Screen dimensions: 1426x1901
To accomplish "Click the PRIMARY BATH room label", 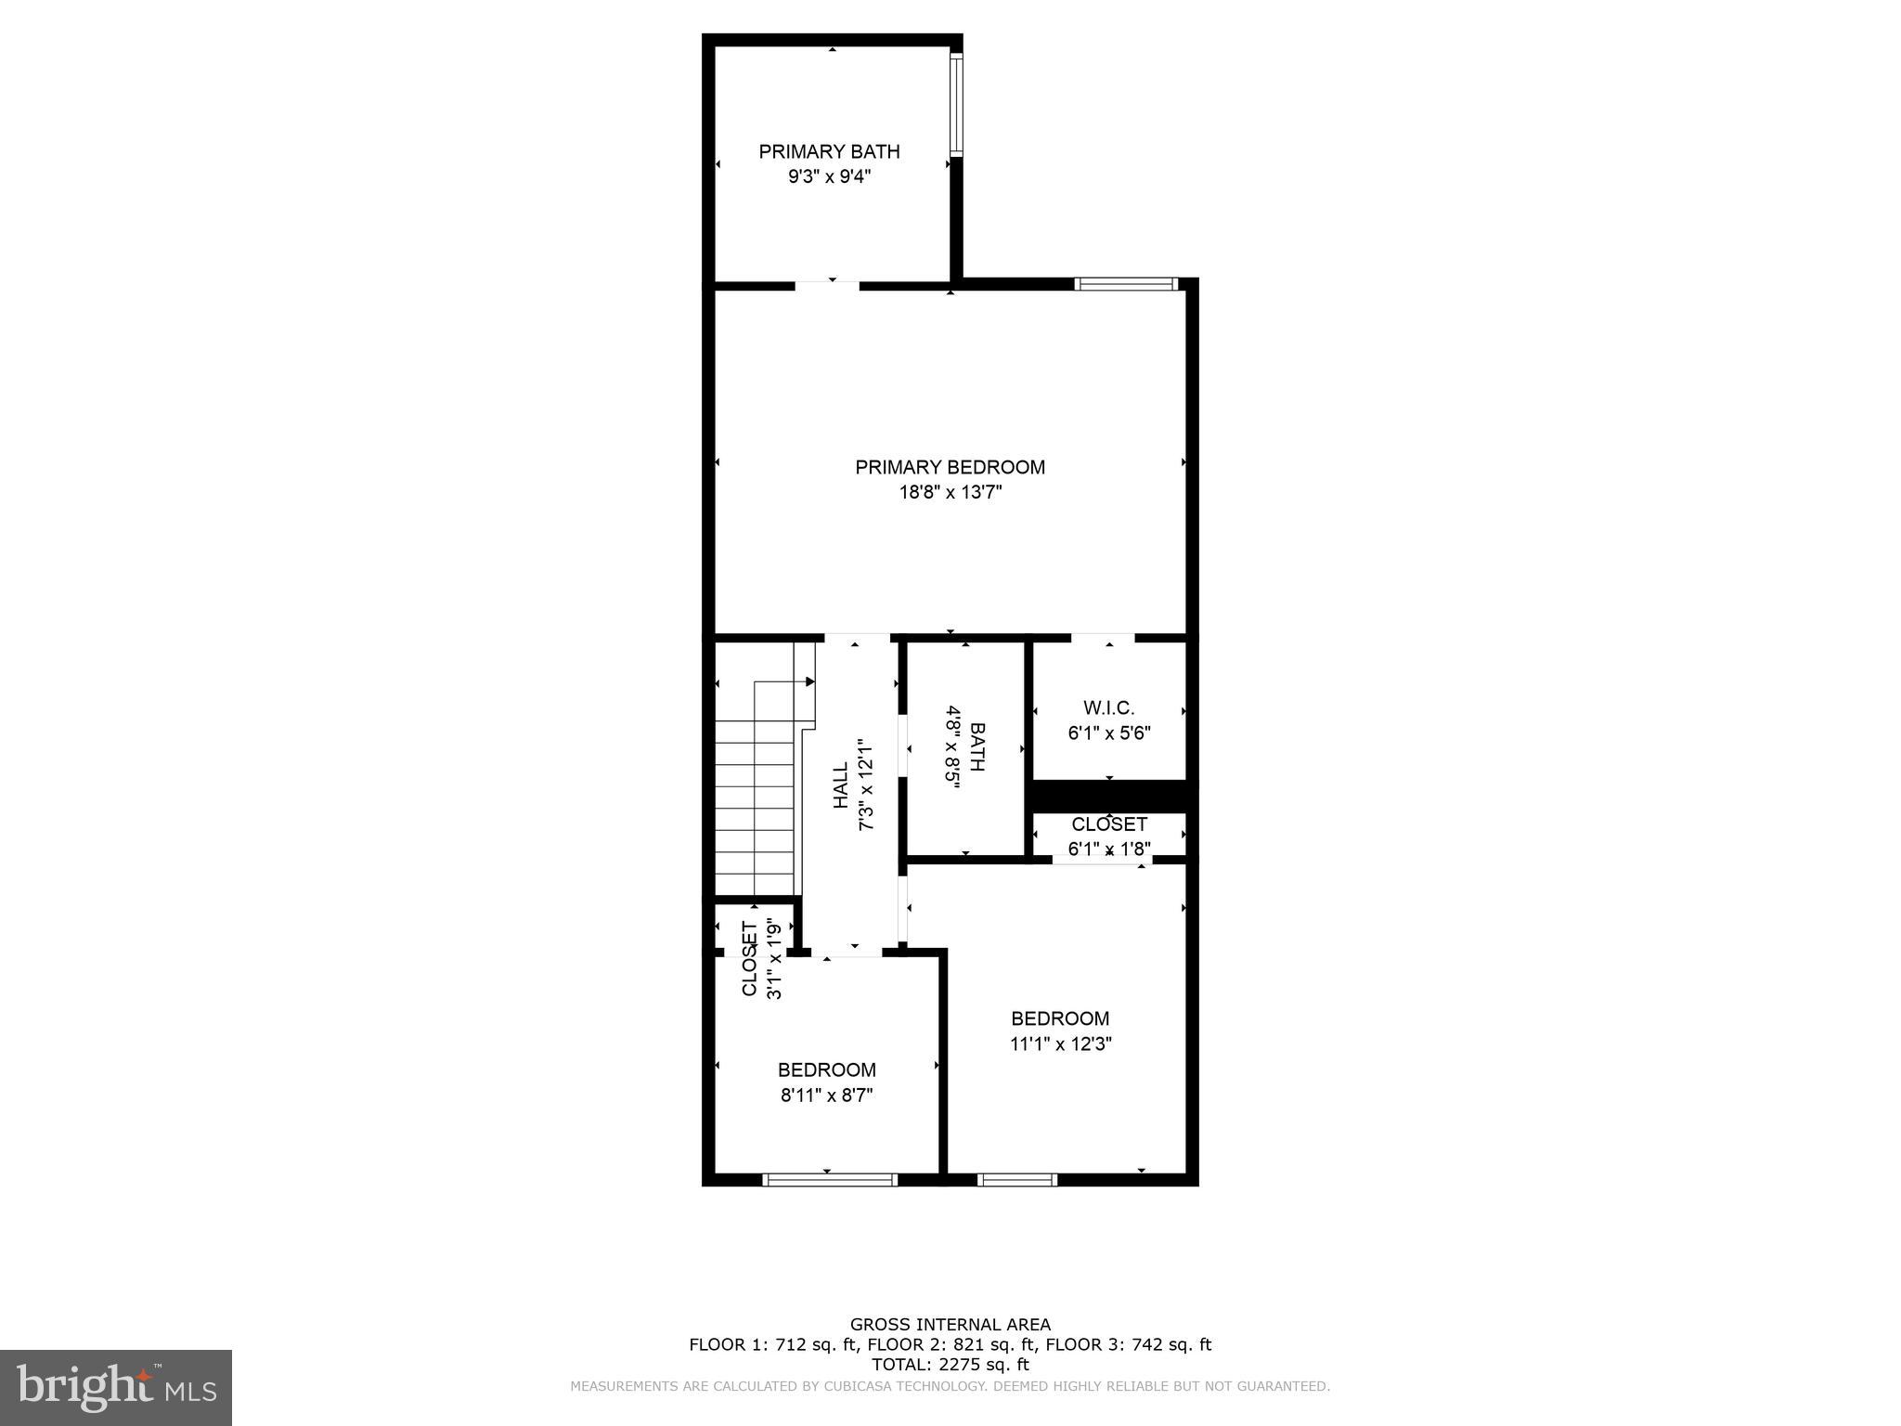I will pos(829,151).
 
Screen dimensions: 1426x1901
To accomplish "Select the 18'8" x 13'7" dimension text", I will pos(950,493).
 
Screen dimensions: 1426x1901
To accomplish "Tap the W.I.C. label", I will pos(1108,708).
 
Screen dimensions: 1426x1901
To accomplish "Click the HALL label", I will pos(840,785).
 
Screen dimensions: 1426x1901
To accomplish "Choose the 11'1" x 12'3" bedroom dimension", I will pos(1060,1044).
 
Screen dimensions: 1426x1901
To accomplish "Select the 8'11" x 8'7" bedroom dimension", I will pos(826,1095).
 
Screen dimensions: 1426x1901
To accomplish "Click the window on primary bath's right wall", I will pos(956,102).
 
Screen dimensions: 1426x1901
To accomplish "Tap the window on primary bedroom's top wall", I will pos(1126,284).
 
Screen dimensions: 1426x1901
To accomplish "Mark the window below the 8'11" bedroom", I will pos(829,1180).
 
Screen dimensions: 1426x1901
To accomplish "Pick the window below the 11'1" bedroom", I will pos(1016,1180).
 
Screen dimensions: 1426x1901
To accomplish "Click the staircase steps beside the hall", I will pos(755,817).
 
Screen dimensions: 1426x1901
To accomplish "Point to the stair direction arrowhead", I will pos(810,681).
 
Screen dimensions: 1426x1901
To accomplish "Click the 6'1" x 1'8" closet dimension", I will pos(1109,849).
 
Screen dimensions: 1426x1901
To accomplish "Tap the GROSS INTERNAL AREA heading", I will pos(950,1325).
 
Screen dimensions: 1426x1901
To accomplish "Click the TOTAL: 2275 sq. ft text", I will pos(950,1365).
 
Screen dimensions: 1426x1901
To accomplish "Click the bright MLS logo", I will pos(116,1388).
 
